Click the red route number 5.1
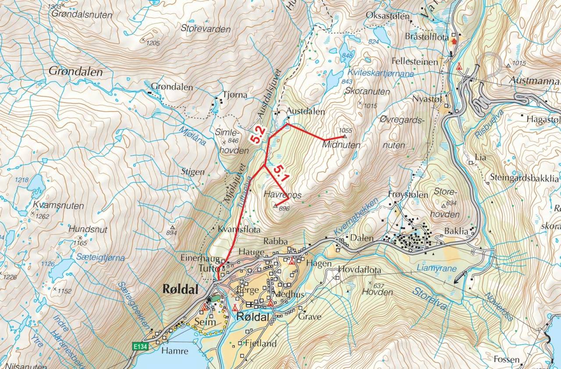coord(279,173)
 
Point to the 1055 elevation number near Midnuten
coord(345,130)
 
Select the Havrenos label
coord(283,195)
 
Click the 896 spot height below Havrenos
coord(284,208)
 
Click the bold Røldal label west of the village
coord(180,289)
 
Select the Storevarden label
coord(206,29)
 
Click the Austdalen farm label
coord(305,112)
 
